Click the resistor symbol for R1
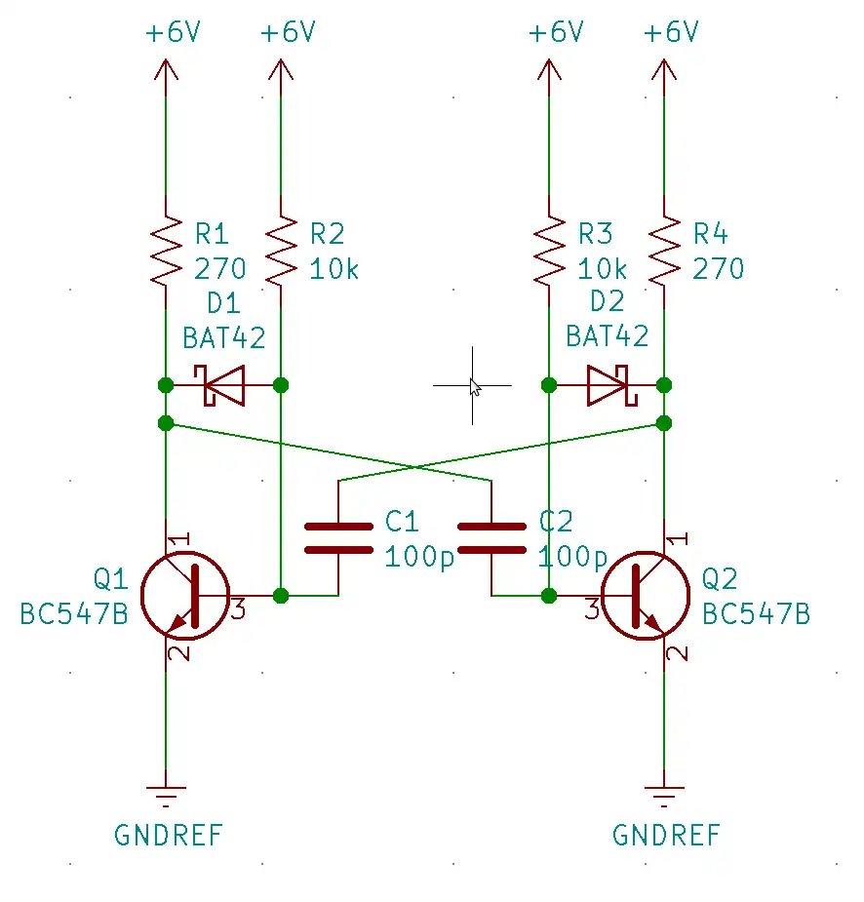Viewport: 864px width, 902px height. [x=166, y=250]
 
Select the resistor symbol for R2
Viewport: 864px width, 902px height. [x=281, y=250]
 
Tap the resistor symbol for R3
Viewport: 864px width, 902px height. [x=549, y=250]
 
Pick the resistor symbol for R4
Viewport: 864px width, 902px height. [x=664, y=250]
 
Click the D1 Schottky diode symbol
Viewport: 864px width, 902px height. [x=223, y=385]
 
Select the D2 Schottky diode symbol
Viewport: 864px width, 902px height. [x=608, y=385]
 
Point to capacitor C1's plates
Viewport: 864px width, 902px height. [x=338, y=538]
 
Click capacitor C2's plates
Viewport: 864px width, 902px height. [x=491, y=538]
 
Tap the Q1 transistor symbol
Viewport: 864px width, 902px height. [x=184, y=596]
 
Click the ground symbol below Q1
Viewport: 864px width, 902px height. [x=166, y=794]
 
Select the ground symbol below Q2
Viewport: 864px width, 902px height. [x=664, y=794]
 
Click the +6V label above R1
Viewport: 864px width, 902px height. [x=173, y=32]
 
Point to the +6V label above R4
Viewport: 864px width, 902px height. [x=671, y=32]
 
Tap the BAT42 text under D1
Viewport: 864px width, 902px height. [x=223, y=337]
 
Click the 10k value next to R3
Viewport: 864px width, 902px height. [x=603, y=268]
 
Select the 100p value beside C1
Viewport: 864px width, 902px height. [x=419, y=557]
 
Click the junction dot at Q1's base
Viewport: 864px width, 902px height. [x=281, y=595]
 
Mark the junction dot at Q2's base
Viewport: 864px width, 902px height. [x=549, y=595]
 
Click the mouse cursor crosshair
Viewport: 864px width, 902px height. [x=473, y=385]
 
